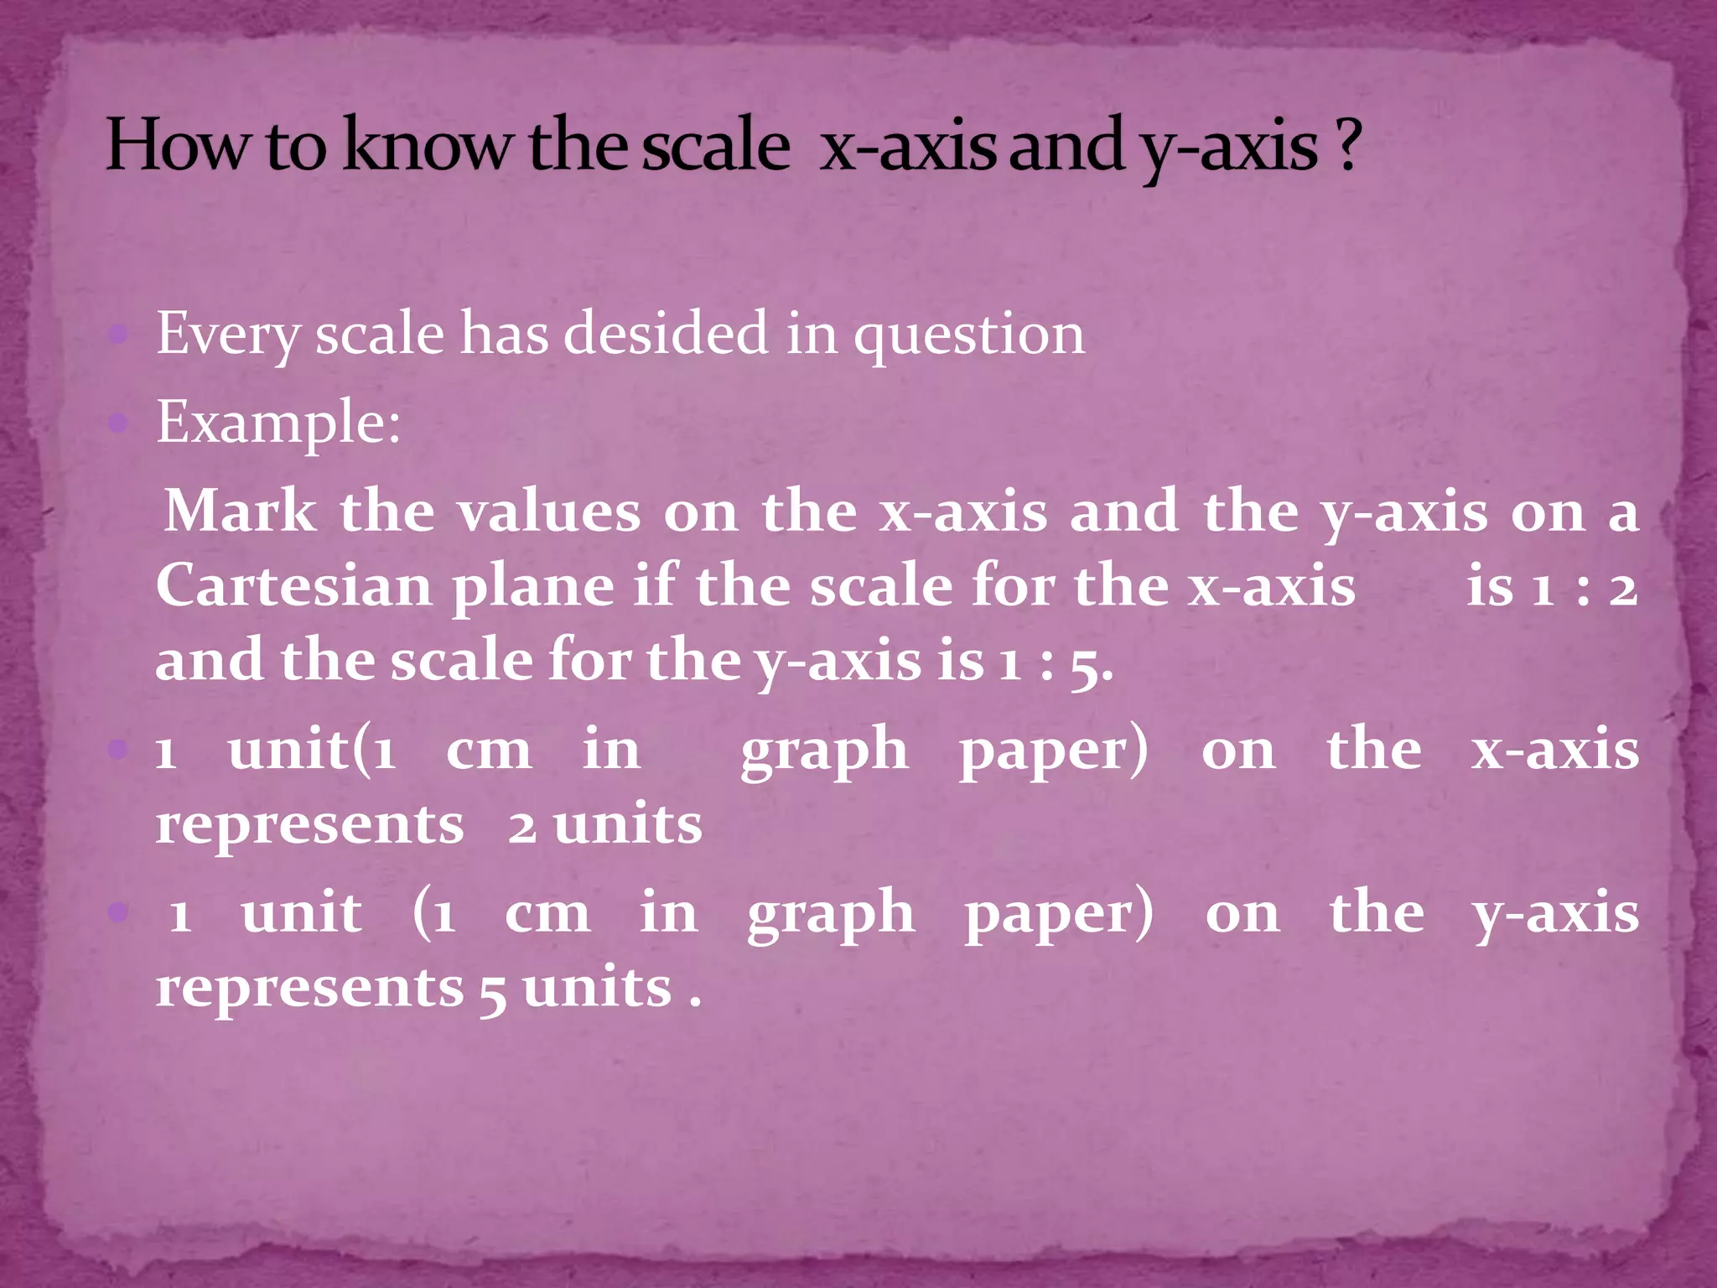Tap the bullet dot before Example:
[118, 423]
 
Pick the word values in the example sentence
[549, 512]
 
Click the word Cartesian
[293, 585]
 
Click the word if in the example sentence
[656, 584]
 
